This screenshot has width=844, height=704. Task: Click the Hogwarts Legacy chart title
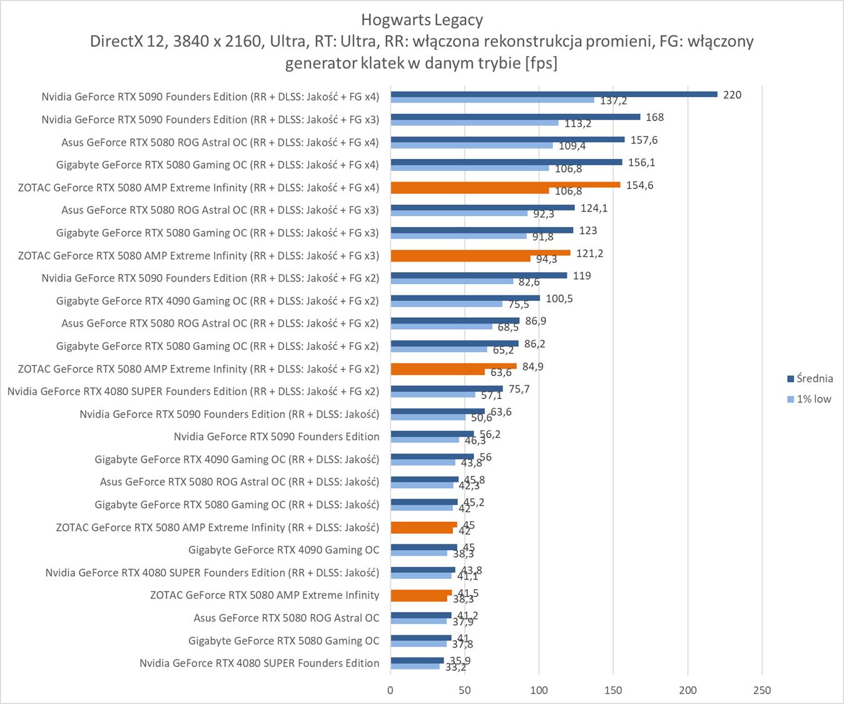(422, 20)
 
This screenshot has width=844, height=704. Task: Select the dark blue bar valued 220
(554, 94)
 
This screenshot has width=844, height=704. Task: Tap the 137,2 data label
(613, 101)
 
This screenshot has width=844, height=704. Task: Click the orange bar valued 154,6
(506, 185)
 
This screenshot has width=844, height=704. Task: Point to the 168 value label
(654, 118)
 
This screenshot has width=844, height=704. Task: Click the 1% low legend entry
(813, 399)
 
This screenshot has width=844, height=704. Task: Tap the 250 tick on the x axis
(762, 690)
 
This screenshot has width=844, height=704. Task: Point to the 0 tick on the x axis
(390, 690)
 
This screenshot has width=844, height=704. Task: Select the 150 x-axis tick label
(613, 690)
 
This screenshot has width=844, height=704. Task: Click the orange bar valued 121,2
(480, 253)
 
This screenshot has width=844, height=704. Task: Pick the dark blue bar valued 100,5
(465, 298)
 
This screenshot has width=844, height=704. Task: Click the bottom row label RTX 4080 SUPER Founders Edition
(259, 663)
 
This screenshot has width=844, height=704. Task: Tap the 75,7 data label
(519, 389)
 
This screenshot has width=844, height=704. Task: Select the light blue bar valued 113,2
(474, 123)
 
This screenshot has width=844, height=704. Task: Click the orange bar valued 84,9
(454, 366)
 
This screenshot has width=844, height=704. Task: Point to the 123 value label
(587, 231)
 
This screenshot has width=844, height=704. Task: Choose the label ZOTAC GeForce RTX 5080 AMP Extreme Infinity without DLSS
(264, 595)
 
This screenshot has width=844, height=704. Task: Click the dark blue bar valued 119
(479, 275)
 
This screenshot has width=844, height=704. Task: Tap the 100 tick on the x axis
(539, 690)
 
